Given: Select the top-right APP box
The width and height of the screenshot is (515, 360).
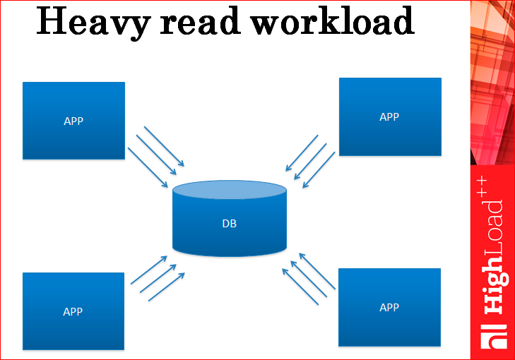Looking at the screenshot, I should coord(390,134).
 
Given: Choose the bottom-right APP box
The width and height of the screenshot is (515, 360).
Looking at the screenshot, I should coord(389,325).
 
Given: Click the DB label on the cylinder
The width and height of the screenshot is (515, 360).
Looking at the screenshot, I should coord(230,224).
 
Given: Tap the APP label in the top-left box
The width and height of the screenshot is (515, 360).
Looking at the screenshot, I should coord(73,121).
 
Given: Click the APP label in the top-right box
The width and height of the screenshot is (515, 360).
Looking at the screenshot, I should coord(389,117).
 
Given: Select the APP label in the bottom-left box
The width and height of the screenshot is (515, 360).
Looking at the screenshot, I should coord(73,311).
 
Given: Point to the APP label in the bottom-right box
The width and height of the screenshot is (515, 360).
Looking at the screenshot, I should coord(389,307).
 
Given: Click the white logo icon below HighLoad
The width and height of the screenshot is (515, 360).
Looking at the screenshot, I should coord(492,337).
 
